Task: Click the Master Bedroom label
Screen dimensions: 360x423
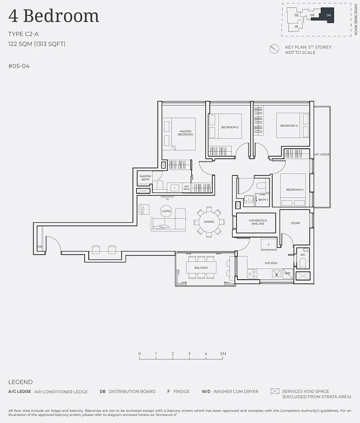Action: point(185,133)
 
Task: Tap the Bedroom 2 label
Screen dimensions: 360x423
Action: point(230,127)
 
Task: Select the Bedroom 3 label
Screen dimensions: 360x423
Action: point(289,126)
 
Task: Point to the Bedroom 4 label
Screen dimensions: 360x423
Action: point(295,190)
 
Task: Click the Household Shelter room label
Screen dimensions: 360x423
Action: point(258,222)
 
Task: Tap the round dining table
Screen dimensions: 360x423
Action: point(209,222)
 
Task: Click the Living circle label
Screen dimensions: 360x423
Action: point(166,211)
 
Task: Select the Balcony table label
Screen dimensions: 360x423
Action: point(201,268)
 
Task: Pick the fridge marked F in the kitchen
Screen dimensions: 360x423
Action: point(269,245)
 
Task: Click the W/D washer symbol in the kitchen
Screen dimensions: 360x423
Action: point(288,273)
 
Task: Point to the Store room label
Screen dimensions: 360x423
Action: point(296,223)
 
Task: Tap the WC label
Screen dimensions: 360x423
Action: point(303,254)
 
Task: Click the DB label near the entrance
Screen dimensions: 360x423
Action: point(40,247)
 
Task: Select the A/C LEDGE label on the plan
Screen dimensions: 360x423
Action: point(322,154)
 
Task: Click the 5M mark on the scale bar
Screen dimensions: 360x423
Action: point(223,354)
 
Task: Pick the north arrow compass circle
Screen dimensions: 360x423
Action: point(274,49)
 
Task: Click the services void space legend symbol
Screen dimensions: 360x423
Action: point(275,391)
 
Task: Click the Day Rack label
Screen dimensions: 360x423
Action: point(187,188)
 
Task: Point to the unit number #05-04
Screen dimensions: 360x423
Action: point(19,66)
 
